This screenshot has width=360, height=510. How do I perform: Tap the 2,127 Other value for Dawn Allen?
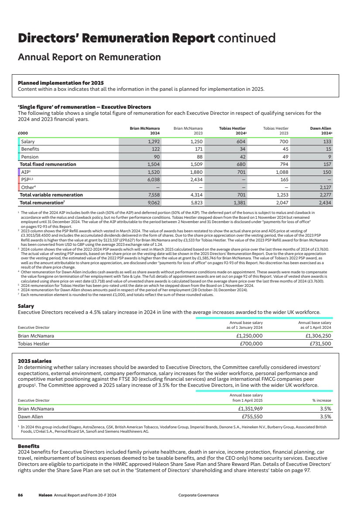pyautogui.click(x=324, y=187)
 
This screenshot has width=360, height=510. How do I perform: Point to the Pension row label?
pyautogui.click(x=30, y=157)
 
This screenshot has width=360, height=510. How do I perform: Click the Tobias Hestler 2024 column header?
pyautogui.click(x=233, y=131)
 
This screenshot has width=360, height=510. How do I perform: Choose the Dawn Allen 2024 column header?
pyautogui.click(x=321, y=131)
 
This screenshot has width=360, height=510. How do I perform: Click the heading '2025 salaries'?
pyautogui.click(x=34, y=361)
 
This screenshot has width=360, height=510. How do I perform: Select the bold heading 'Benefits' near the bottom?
pyautogui.click(x=29, y=445)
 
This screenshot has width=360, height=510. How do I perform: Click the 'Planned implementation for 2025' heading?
pyautogui.click(x=61, y=83)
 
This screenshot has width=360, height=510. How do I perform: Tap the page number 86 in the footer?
pyautogui.click(x=20, y=495)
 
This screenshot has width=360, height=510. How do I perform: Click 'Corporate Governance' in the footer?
pyautogui.click(x=199, y=495)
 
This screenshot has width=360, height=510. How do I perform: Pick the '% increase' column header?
pyautogui.click(x=321, y=400)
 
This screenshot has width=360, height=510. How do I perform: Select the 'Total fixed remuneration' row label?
pyautogui.click(x=48, y=165)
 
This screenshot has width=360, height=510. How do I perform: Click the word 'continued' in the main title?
pyautogui.click(x=247, y=38)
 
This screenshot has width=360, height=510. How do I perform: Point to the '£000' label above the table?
pyautogui.click(x=22, y=133)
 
